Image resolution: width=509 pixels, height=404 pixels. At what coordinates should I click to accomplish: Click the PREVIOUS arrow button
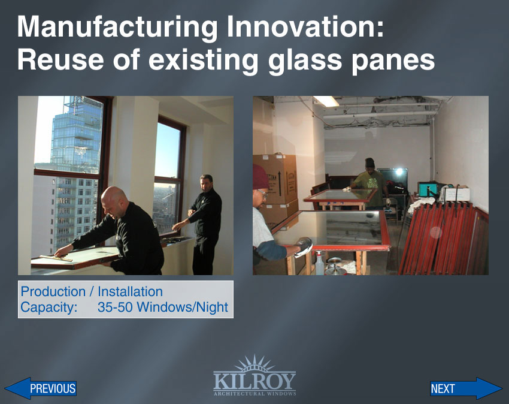tap(41, 388)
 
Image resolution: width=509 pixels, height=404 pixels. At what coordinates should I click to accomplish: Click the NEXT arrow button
tap(466, 388)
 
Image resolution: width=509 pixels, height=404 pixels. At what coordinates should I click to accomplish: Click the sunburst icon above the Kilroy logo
tap(255, 363)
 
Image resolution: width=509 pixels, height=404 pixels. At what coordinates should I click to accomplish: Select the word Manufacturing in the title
tap(117, 28)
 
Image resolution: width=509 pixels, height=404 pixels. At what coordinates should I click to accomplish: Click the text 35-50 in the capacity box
tap(115, 307)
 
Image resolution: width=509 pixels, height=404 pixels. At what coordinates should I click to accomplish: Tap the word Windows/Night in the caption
tap(182, 307)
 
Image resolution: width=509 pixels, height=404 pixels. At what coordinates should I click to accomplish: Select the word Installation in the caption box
tap(130, 291)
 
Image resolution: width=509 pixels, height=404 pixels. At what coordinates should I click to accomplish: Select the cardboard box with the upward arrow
tap(275, 179)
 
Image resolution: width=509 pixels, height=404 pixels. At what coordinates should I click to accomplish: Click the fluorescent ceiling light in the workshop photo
tap(326, 101)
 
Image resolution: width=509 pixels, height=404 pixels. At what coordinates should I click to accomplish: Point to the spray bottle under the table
tap(320, 263)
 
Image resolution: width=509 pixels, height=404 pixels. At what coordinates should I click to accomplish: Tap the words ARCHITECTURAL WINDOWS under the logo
tap(255, 394)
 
